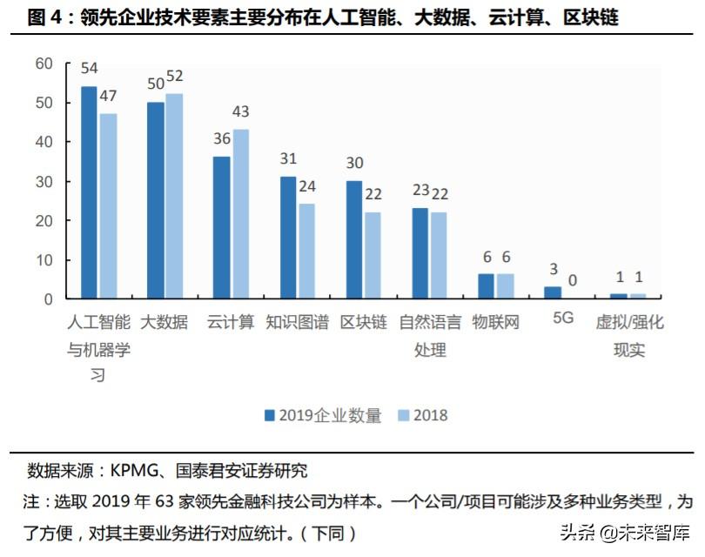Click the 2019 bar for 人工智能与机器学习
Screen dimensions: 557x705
pyautogui.click(x=89, y=192)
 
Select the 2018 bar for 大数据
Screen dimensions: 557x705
pyautogui.click(x=174, y=196)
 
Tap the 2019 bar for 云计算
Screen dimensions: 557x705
pyautogui.click(x=221, y=227)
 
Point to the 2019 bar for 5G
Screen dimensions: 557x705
pyautogui.click(x=553, y=292)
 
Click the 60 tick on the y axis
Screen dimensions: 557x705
pyautogui.click(x=44, y=64)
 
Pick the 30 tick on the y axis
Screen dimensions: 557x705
pyautogui.click(x=44, y=181)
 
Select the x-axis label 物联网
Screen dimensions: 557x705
pyautogui.click(x=496, y=323)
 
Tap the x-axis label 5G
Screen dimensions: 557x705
pyautogui.click(x=563, y=319)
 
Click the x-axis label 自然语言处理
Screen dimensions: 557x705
pyautogui.click(x=430, y=336)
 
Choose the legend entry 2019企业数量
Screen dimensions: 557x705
pyautogui.click(x=323, y=415)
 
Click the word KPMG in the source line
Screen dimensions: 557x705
pyautogui.click(x=131, y=472)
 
